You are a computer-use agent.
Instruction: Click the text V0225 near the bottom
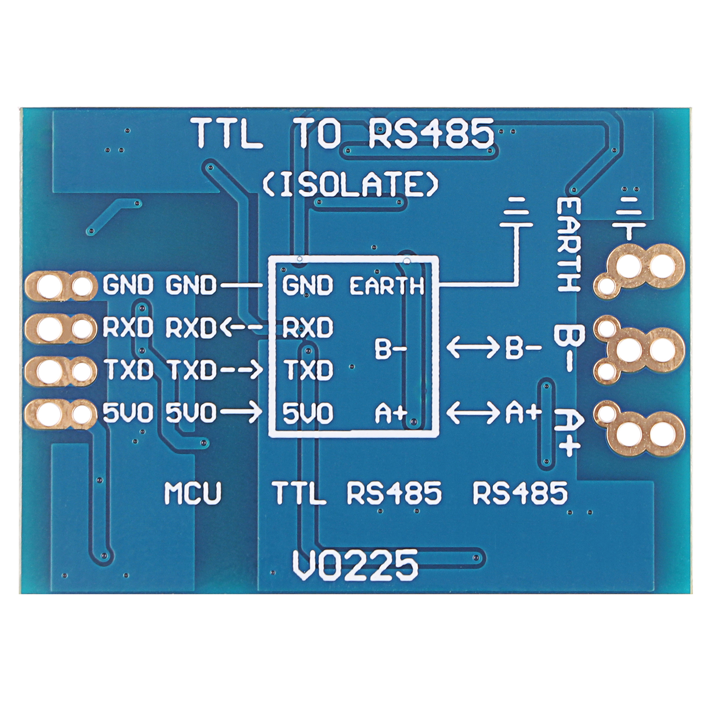point(355,566)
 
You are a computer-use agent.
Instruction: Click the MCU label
point(193,493)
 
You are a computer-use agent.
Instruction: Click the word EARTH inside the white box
point(387,286)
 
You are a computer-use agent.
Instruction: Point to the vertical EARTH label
point(569,245)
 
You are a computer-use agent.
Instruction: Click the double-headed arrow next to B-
point(472,349)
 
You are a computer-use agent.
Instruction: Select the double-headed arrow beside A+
point(472,413)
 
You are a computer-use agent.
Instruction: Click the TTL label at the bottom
point(299,493)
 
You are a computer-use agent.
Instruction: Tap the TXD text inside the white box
point(308,370)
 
